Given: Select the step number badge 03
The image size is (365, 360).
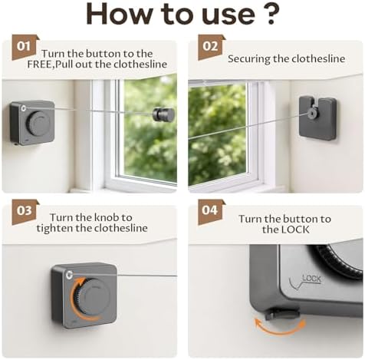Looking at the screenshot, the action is (x=25, y=211).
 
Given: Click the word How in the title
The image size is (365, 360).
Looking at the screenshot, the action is (x=119, y=14).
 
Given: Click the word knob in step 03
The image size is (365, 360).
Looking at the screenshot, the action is (x=107, y=217).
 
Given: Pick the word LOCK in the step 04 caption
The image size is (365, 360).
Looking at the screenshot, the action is (x=295, y=230).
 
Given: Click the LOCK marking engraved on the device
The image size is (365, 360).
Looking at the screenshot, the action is (x=311, y=278).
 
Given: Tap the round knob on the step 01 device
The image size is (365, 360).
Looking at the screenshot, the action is (x=39, y=124).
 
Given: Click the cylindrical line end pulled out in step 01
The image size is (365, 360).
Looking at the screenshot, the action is (x=163, y=114).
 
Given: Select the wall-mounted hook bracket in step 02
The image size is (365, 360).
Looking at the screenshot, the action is (x=317, y=118).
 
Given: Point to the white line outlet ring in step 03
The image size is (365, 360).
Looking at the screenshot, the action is (x=69, y=276).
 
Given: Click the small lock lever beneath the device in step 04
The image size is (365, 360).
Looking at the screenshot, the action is (x=282, y=314).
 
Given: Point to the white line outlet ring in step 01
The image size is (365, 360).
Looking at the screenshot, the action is (x=24, y=108).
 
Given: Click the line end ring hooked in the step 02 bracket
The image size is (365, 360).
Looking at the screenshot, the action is (x=311, y=114).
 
